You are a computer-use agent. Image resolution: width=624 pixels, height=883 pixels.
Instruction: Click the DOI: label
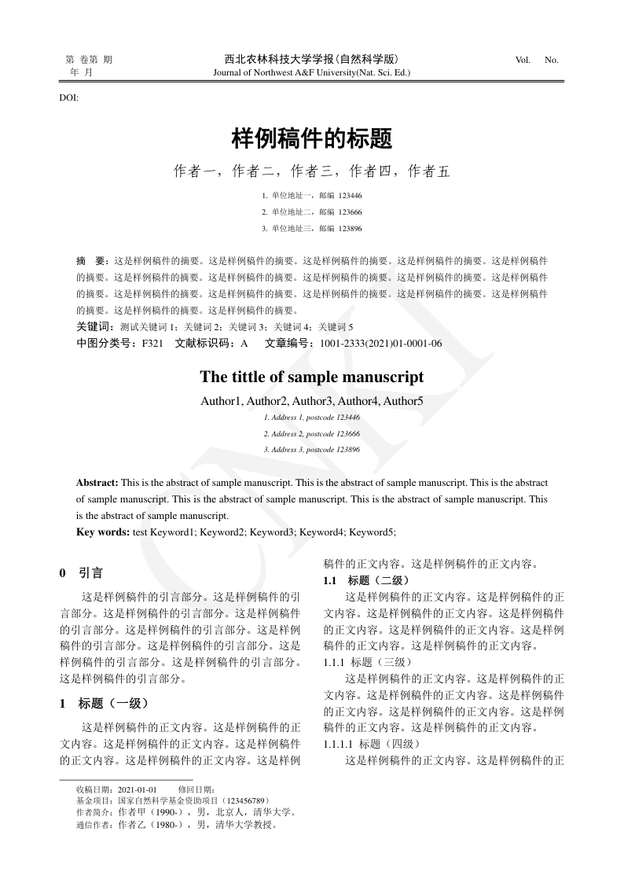point(68,97)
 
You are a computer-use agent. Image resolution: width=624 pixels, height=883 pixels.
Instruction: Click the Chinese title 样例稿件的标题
point(312,139)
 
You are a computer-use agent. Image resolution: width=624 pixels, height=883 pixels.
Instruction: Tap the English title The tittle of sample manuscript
point(312,377)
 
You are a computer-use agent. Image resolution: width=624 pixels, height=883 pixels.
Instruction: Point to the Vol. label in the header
point(523,60)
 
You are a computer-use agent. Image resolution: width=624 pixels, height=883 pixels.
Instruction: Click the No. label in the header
point(551,60)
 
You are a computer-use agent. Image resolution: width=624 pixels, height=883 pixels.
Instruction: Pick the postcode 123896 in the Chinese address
point(350,229)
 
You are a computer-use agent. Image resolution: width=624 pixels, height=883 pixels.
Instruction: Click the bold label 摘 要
point(92,259)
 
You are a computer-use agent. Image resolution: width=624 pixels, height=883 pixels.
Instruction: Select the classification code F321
point(152,344)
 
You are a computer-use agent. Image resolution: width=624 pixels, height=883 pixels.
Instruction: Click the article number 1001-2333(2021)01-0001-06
point(376,344)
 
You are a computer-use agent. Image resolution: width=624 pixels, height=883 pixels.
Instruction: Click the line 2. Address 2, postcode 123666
point(312,433)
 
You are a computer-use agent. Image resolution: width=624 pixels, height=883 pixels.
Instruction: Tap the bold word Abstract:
point(97,482)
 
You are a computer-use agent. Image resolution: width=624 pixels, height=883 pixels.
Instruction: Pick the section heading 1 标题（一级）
point(104,703)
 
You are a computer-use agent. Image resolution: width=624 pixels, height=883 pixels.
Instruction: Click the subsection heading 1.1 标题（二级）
point(366,580)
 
